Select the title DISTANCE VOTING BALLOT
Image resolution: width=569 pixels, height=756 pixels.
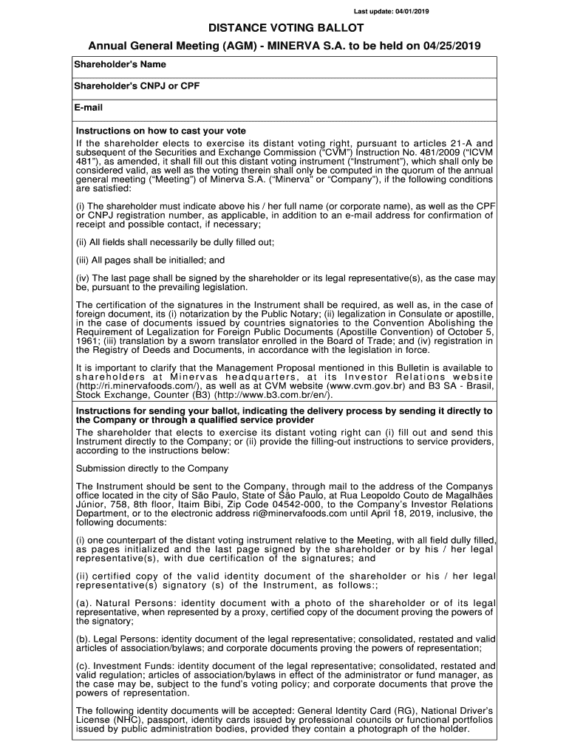(x=285, y=28)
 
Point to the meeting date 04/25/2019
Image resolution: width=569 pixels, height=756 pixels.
(x=452, y=46)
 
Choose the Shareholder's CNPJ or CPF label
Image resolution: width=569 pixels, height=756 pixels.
(x=137, y=86)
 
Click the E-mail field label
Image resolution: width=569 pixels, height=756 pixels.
(x=88, y=108)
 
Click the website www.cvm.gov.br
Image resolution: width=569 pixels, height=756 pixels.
(x=351, y=387)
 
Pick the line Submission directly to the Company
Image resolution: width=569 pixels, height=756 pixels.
(x=152, y=468)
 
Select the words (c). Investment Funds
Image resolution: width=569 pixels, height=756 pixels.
(x=125, y=666)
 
